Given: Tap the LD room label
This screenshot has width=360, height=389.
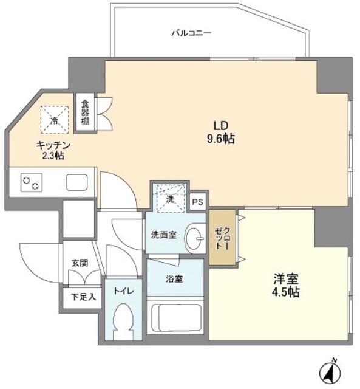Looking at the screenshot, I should pyautogui.click(x=220, y=126).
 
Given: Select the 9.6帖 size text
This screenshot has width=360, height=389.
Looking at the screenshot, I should pyautogui.click(x=220, y=139).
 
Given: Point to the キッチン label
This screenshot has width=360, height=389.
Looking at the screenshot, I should pyautogui.click(x=54, y=145).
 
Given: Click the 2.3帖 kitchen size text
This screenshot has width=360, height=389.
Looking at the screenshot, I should pyautogui.click(x=54, y=156).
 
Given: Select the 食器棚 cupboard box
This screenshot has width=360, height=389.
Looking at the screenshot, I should pyautogui.click(x=86, y=113).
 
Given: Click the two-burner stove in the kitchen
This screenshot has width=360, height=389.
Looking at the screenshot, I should pyautogui.click(x=31, y=182).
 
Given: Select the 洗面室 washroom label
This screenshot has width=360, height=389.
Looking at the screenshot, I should pyautogui.click(x=164, y=235).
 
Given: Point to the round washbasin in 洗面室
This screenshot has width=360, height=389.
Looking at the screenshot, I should pyautogui.click(x=194, y=237).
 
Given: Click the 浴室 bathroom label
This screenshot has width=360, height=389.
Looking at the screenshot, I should pyautogui.click(x=175, y=279).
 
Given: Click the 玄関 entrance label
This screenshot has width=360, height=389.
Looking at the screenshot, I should pyautogui.click(x=80, y=263).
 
